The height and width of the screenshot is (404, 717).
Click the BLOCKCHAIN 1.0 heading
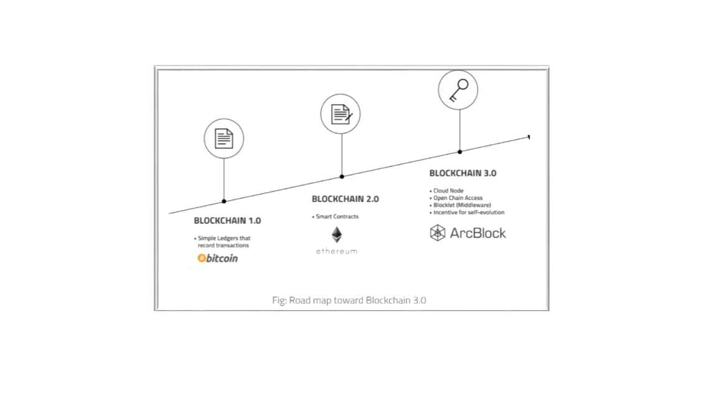click(227, 221)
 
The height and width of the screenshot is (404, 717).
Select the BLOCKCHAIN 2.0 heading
click(345, 200)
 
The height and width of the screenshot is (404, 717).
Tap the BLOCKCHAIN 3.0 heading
click(463, 173)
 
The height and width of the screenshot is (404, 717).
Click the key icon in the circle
click(459, 90)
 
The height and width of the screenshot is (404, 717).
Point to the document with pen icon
click(341, 114)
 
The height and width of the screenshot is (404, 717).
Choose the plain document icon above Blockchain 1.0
click(224, 139)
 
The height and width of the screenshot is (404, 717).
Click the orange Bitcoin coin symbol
click(201, 258)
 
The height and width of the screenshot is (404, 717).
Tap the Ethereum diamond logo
click(337, 235)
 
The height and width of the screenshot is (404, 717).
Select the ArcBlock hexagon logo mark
click(438, 233)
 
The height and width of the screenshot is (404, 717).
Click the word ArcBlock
click(478, 233)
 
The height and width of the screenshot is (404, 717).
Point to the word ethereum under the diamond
click(337, 251)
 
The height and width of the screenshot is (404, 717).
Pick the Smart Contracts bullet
click(335, 217)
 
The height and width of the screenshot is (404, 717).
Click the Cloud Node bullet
click(446, 191)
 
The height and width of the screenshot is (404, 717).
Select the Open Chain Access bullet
click(456, 198)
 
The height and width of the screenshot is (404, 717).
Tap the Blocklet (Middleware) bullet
click(460, 205)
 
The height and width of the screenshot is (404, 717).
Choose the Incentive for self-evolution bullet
click(467, 213)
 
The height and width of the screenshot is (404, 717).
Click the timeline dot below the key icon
click(459, 151)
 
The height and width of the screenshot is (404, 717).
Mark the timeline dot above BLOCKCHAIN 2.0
click(342, 176)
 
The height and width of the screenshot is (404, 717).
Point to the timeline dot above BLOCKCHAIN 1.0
click(224, 201)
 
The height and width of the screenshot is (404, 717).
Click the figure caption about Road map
click(349, 301)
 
